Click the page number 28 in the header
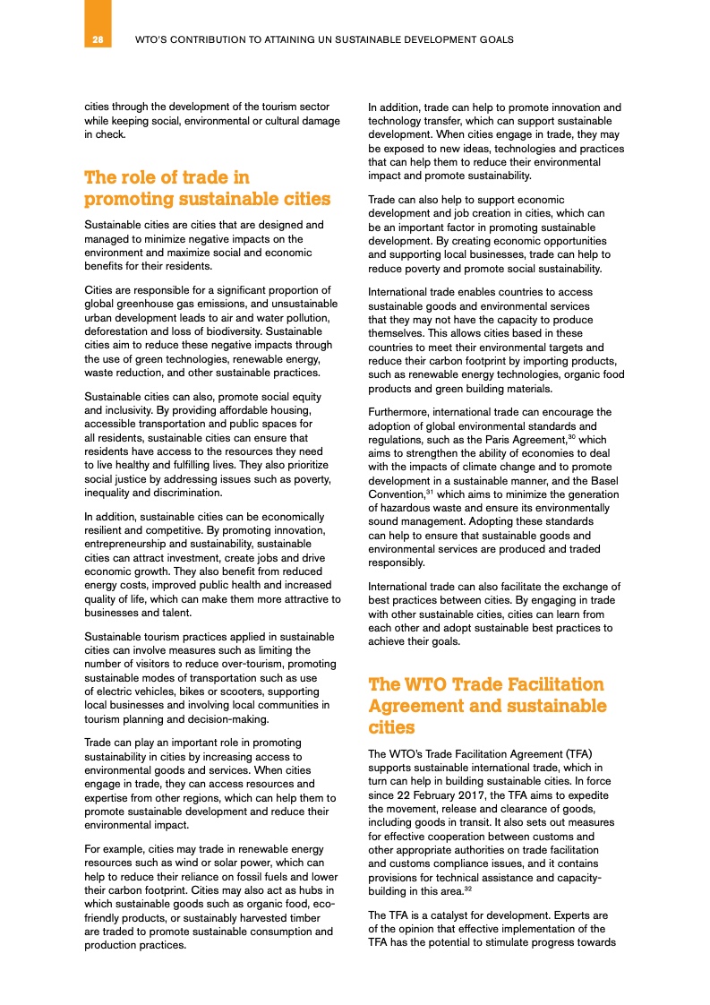pyautogui.click(x=98, y=40)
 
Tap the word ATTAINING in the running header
pyautogui.click(x=269, y=40)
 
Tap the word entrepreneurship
pyautogui.click(x=128, y=543)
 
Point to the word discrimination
pyautogui.click(x=185, y=493)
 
